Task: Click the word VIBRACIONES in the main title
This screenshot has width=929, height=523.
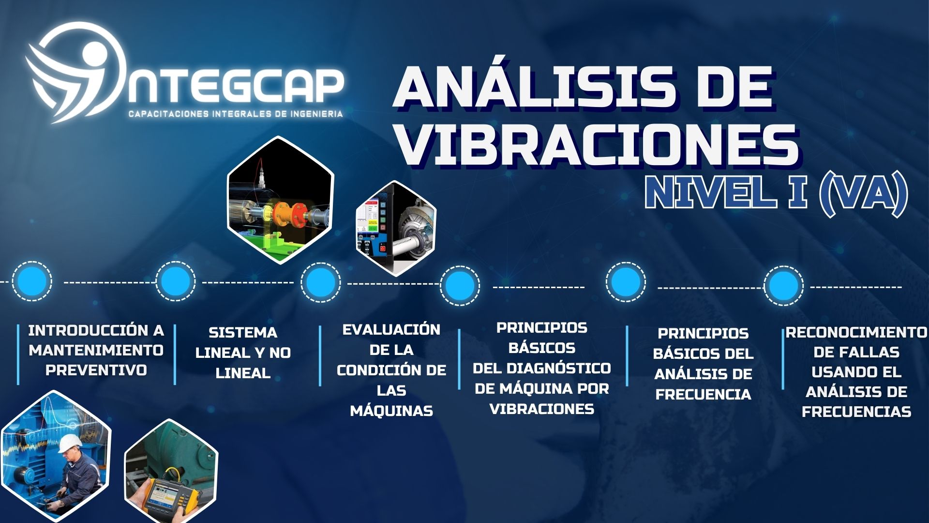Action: [597, 144]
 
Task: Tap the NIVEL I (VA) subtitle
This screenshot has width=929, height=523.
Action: [777, 192]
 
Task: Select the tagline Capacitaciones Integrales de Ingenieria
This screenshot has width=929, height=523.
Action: [236, 114]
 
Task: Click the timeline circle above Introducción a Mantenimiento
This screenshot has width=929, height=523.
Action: [32, 281]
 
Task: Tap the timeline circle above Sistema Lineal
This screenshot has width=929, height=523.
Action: [175, 281]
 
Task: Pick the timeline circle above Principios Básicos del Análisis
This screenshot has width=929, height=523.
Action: [626, 281]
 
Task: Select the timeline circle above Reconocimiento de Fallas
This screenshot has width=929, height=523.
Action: [783, 285]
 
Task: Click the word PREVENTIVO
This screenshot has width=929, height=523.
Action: [96, 370]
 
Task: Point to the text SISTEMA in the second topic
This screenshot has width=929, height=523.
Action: [243, 333]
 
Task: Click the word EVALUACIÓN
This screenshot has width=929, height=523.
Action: [391, 330]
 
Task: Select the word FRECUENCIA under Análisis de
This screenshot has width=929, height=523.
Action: [703, 394]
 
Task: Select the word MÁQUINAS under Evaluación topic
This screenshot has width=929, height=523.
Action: [391, 411]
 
